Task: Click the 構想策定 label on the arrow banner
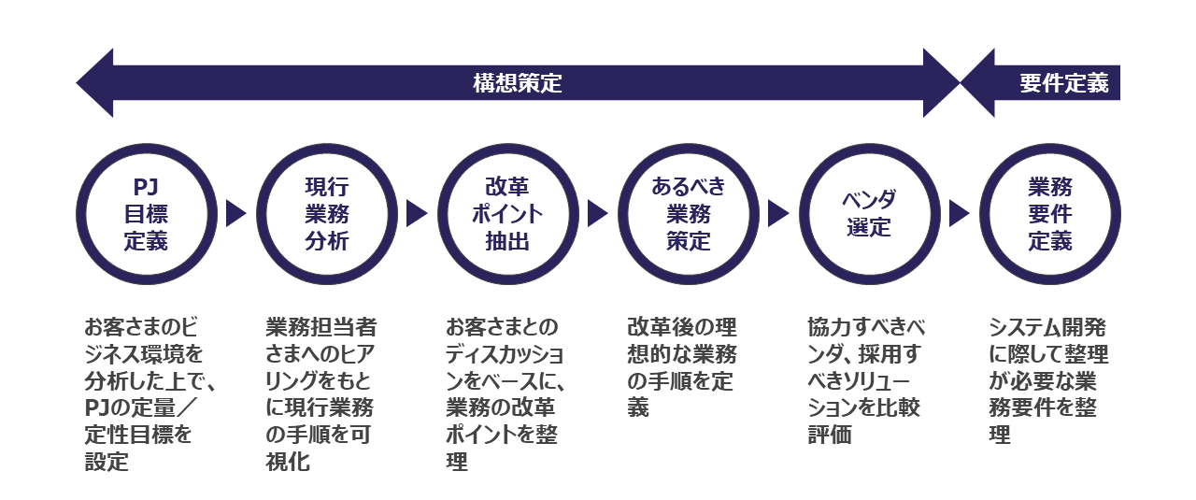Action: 517,83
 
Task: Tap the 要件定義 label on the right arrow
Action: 1063,83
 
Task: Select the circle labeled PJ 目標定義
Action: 146,214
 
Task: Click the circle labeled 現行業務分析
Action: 326,214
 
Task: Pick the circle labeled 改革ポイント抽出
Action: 507,214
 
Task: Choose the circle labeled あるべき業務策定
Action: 688,214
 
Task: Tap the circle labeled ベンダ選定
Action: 869,214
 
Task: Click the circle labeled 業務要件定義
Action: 1049,214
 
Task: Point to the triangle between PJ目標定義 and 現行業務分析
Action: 235,214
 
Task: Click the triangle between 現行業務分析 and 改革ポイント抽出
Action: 417,214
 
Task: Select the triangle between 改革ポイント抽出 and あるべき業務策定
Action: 598,214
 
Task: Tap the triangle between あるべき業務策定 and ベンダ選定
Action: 778,214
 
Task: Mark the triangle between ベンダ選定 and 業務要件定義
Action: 960,214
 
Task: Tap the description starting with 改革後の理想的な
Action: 681,367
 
